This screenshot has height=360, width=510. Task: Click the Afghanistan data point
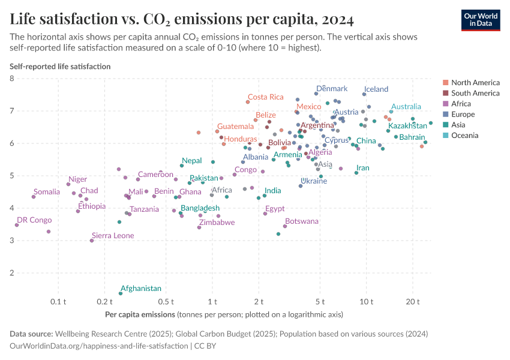point(121,293)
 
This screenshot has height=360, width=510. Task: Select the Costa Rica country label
point(265,97)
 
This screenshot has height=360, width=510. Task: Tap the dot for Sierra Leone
point(92,241)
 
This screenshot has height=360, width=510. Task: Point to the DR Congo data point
point(17,225)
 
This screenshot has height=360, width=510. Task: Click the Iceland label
point(376,89)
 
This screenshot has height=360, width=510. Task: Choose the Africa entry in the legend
point(462,104)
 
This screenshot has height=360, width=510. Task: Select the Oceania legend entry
point(464,136)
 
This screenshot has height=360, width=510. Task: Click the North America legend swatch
point(445,83)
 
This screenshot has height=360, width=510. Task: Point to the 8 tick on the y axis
point(12,79)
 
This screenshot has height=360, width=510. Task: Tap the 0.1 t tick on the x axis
point(58,301)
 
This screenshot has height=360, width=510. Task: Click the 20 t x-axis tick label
point(412,301)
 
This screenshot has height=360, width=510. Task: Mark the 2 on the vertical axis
point(12,273)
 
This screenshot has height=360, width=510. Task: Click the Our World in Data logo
point(480,20)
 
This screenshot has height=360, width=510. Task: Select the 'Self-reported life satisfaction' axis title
point(60,67)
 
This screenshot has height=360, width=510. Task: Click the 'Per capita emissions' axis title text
point(140,314)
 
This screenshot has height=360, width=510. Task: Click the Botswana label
point(302,221)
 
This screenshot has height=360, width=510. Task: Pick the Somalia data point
point(34,197)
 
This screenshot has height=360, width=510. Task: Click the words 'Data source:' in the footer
point(31,334)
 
